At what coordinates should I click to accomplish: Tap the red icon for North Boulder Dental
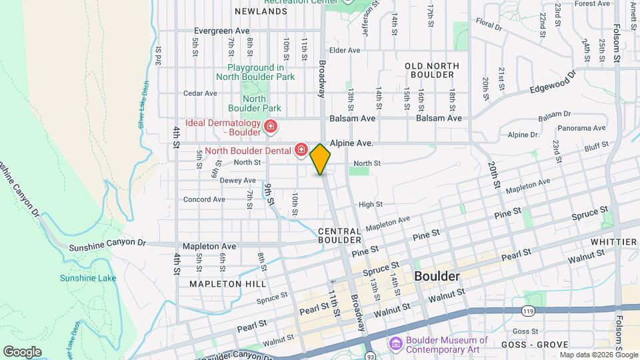301,149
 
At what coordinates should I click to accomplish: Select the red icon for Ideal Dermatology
271,126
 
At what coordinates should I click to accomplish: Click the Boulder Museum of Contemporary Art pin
395,344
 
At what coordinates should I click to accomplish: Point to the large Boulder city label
437,276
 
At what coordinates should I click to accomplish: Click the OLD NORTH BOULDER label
432,70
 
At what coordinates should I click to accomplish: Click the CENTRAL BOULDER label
339,235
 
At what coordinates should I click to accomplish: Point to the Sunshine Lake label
88,278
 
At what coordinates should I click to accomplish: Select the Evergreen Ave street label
222,31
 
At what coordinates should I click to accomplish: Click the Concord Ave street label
204,199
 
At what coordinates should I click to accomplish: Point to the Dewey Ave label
238,181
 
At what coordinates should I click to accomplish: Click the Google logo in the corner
22,351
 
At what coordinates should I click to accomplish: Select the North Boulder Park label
254,103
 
